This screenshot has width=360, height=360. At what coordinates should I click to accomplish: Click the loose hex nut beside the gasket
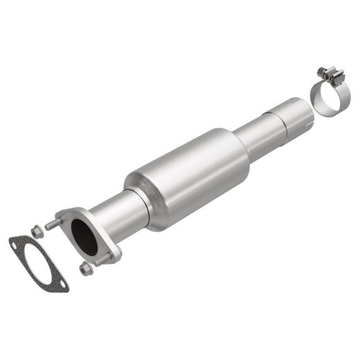tap(36, 232)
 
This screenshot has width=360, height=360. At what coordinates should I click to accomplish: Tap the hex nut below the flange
tap(86, 269)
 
